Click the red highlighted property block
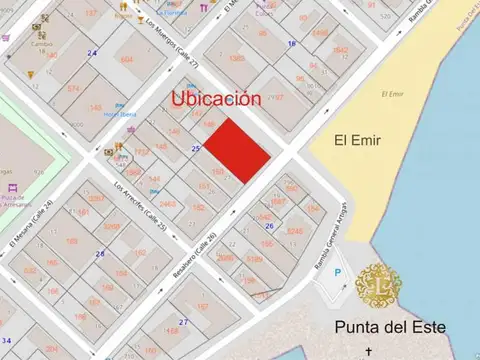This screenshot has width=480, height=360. coord(237,151)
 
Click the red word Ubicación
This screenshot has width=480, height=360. coord(216,99)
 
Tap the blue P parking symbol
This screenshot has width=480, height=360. coord(336,273)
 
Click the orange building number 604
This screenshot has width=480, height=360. coord(127,59)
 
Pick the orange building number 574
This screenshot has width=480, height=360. coord(73,88)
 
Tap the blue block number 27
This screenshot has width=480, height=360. coord(183,322)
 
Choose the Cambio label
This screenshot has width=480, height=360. coord(42,44)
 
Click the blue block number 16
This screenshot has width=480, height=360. coord(292,44)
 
